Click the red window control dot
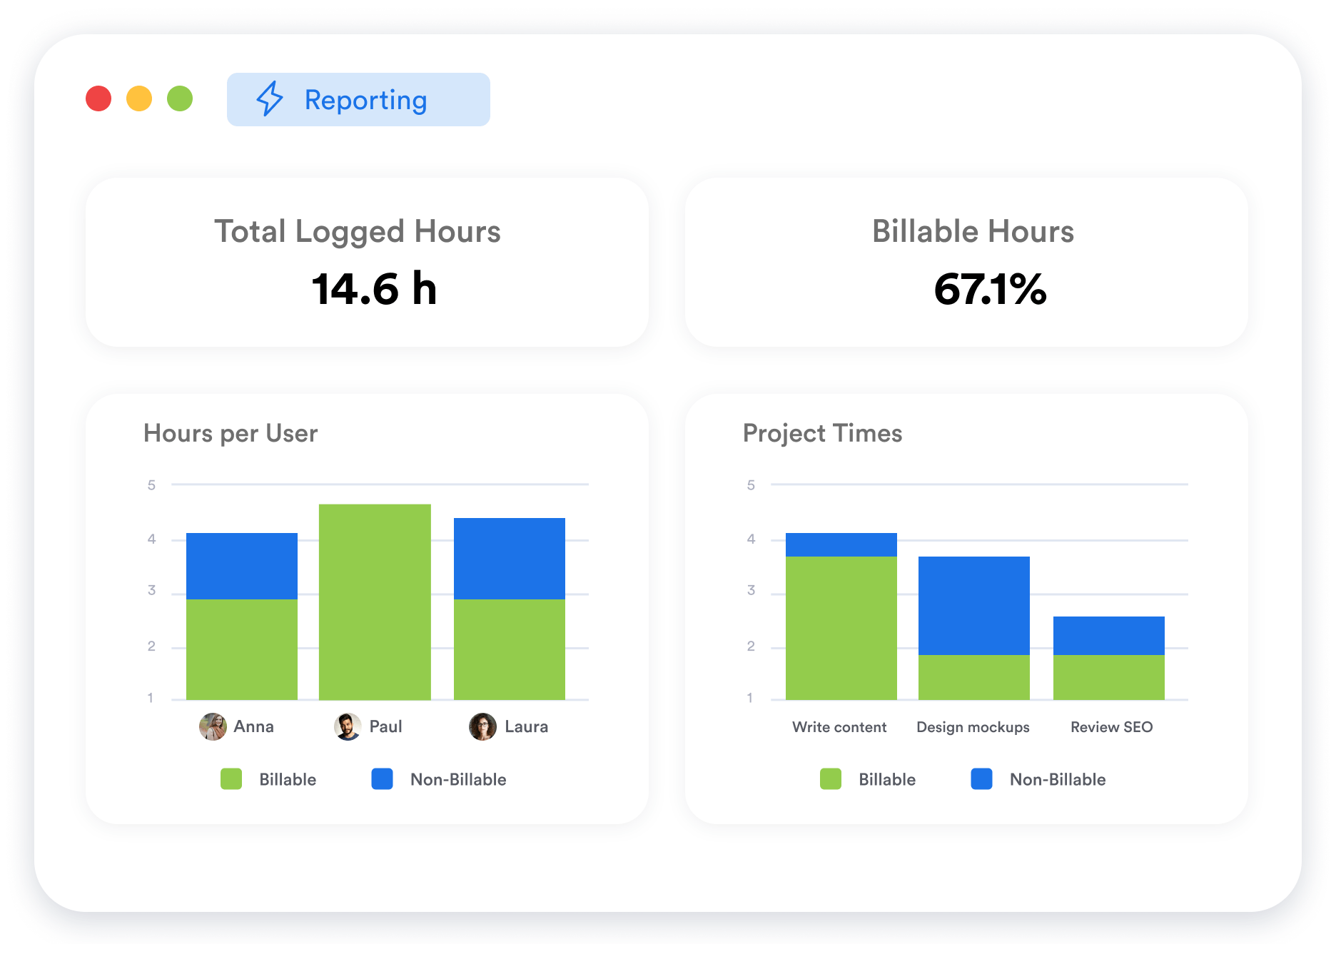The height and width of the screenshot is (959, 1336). (x=98, y=98)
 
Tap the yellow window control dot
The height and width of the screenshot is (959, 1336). (x=139, y=98)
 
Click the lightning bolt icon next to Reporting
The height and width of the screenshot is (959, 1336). (x=270, y=98)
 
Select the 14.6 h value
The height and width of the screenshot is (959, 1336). (x=374, y=289)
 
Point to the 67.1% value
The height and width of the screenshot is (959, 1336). (x=990, y=289)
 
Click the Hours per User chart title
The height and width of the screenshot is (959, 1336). (x=231, y=433)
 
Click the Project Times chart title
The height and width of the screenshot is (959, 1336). (x=822, y=433)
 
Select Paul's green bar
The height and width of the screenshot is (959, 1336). (x=375, y=602)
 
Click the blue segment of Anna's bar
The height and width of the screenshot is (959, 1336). (x=242, y=566)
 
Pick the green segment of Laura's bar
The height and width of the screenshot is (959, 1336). (x=510, y=649)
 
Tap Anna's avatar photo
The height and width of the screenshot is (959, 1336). (x=213, y=726)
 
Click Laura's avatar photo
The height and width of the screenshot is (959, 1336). (x=482, y=726)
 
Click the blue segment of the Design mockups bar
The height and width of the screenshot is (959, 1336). (x=973, y=605)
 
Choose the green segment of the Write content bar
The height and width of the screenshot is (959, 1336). (x=841, y=627)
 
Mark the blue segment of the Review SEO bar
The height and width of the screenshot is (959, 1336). (x=1108, y=635)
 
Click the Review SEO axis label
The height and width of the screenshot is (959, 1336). (x=1111, y=726)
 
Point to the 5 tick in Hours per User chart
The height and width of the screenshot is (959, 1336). (x=151, y=485)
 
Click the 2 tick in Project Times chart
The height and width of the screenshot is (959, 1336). (x=751, y=646)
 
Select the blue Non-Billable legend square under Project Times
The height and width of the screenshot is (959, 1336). (x=981, y=778)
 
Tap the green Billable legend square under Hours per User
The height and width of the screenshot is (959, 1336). (x=231, y=778)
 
